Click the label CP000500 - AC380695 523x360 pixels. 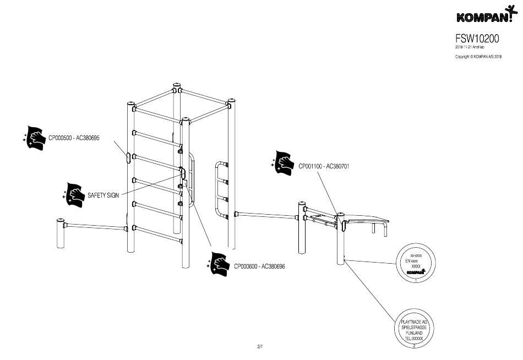[74, 138]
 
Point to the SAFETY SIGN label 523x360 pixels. [103, 195]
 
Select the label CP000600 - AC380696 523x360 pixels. [259, 266]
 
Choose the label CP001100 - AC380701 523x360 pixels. [325, 166]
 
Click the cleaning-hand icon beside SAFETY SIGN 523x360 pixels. [74, 194]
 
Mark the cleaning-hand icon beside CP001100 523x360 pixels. [285, 162]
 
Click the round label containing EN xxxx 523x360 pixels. [416, 263]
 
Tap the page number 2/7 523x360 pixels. [260, 346]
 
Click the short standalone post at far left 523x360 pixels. [59, 233]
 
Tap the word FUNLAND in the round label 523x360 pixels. [414, 333]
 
